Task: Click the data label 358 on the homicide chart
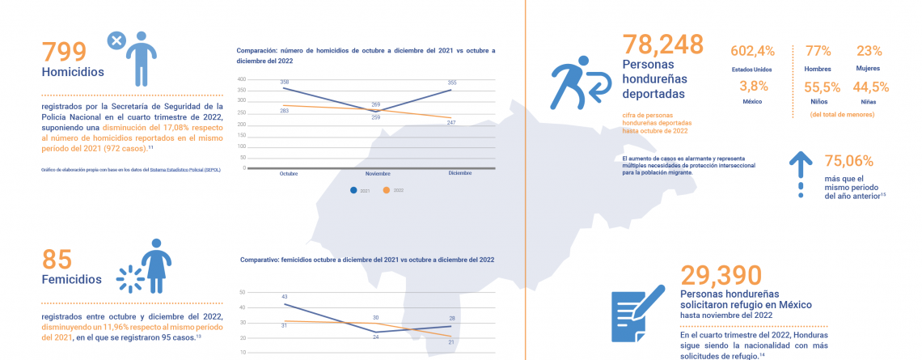point(285,83)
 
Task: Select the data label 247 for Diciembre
point(451,122)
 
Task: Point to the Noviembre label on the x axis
point(378,174)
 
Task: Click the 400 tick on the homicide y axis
point(241,79)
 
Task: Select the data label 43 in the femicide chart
point(285,297)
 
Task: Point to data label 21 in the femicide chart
point(451,341)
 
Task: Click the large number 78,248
point(662,44)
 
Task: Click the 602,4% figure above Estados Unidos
point(752,51)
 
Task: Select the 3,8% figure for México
point(752,87)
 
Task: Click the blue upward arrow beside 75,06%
point(801,172)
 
